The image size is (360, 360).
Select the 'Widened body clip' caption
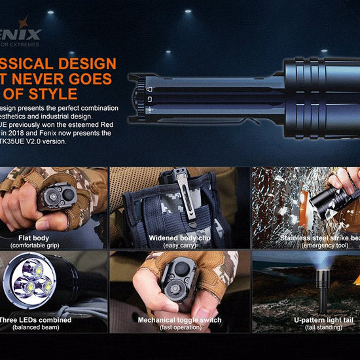[x=179, y=238]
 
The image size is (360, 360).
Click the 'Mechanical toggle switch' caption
[x=179, y=320]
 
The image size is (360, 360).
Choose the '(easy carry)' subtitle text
[x=179, y=245]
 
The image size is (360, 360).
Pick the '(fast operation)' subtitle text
[x=179, y=327]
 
